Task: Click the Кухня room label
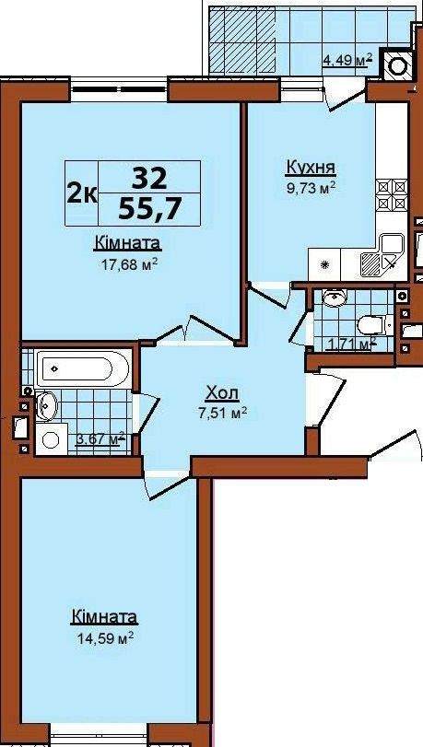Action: [x=311, y=168]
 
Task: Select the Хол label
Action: [x=222, y=393]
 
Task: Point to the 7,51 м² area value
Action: [x=222, y=413]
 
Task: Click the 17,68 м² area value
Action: [x=129, y=264]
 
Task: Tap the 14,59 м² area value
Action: [x=104, y=637]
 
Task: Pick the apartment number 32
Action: [x=149, y=179]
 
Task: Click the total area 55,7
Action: [x=149, y=208]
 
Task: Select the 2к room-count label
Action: [x=82, y=193]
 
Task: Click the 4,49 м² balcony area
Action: [x=347, y=60]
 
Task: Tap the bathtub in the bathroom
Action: [x=83, y=368]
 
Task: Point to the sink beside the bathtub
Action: [x=47, y=405]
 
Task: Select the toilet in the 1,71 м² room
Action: [x=375, y=325]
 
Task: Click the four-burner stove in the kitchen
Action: [x=392, y=195]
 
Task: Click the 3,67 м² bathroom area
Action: [x=100, y=438]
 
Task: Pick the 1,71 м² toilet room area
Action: [x=351, y=343]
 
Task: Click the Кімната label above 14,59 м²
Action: [x=104, y=617]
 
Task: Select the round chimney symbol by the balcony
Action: [x=397, y=65]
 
